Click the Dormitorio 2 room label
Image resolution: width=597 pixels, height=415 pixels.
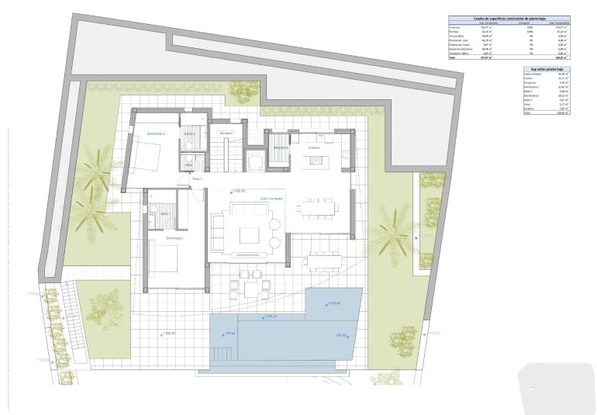tap(157, 134)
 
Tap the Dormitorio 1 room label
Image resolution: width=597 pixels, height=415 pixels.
tap(175, 238)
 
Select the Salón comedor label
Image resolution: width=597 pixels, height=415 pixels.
tap(271, 199)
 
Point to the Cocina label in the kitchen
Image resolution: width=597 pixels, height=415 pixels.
tap(314, 147)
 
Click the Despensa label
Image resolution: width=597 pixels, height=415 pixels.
tap(280, 147)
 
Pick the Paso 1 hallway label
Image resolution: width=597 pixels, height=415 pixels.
tap(197, 179)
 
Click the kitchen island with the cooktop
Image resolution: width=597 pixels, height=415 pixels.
tap(316, 161)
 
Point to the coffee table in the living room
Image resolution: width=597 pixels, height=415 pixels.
tap(250, 233)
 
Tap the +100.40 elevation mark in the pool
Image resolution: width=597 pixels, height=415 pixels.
tap(335, 303)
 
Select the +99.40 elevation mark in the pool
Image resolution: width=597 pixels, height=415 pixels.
tap(228, 334)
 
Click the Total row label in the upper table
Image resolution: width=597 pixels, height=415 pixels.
tap(454, 57)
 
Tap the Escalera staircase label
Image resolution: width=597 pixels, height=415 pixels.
tap(226, 133)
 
